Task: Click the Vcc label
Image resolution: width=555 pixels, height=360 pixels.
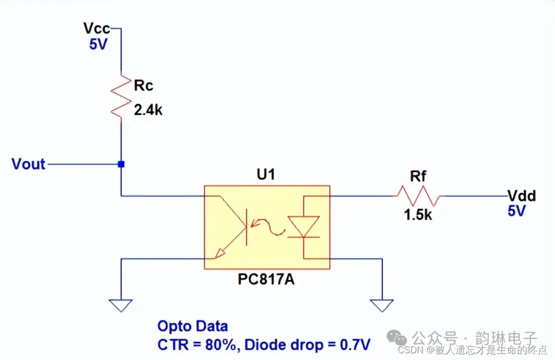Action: click(x=97, y=29)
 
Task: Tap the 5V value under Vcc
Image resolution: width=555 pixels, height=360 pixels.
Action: click(x=98, y=45)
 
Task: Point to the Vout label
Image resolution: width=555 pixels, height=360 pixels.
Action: click(x=29, y=165)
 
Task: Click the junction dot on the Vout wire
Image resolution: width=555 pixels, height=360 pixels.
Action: click(x=121, y=165)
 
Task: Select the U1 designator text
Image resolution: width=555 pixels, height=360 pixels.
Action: click(x=266, y=175)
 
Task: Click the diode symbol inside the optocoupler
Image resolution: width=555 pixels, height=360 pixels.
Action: click(x=304, y=227)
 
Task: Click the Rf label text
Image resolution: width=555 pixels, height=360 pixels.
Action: click(x=418, y=177)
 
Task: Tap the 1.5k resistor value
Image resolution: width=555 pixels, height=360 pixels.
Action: click(x=418, y=215)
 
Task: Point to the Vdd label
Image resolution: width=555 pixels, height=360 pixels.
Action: click(x=521, y=196)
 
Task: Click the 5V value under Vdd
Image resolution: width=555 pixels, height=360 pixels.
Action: click(x=517, y=211)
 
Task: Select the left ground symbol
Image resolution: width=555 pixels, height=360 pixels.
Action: click(x=121, y=305)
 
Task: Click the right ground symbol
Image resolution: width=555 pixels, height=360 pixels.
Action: click(x=382, y=305)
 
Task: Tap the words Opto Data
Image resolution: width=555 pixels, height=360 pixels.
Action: click(x=192, y=327)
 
